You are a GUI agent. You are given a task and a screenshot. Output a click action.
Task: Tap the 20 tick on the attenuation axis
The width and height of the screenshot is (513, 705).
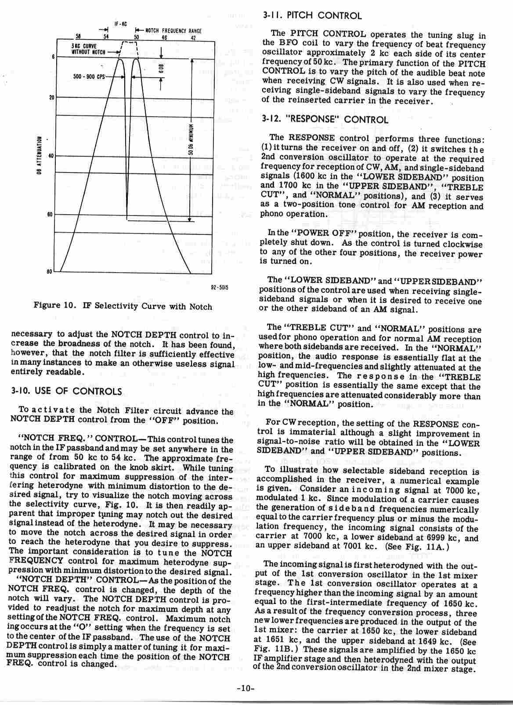(51, 97)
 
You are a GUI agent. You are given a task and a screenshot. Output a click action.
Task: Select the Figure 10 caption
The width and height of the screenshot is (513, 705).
(123, 306)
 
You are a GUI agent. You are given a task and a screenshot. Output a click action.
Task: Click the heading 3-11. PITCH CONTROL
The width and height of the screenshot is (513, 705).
(312, 16)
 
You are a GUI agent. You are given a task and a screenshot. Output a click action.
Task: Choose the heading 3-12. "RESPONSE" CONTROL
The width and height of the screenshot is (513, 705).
(325, 119)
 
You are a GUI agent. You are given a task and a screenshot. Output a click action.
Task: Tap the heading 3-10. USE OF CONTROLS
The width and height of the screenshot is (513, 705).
(66, 391)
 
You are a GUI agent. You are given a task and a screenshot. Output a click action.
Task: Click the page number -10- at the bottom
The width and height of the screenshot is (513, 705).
(243, 688)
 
